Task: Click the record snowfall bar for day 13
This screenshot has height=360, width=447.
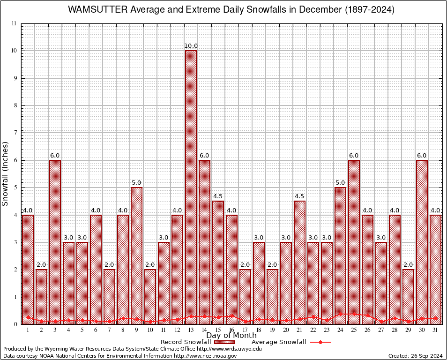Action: click(x=191, y=187)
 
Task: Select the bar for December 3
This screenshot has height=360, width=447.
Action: click(x=55, y=242)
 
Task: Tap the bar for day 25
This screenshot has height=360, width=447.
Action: click(x=354, y=242)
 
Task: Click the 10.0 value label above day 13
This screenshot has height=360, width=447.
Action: click(x=191, y=46)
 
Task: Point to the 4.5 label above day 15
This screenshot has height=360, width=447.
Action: click(x=218, y=196)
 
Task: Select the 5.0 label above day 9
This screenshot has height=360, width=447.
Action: click(x=136, y=183)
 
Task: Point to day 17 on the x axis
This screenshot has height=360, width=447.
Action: click(x=245, y=330)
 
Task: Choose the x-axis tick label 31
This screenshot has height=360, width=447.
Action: click(x=435, y=330)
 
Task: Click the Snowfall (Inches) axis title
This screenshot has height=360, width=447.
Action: click(x=6, y=173)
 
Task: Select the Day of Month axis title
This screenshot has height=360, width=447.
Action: click(x=231, y=336)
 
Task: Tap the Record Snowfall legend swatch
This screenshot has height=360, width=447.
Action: click(x=225, y=342)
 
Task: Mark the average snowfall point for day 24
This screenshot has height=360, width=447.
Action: click(x=340, y=314)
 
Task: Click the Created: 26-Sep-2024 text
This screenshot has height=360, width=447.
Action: click(x=415, y=356)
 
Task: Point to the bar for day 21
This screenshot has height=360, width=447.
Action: click(x=299, y=262)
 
